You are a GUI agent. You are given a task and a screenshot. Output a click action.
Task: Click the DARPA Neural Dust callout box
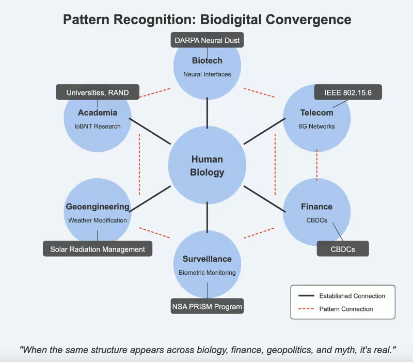207,40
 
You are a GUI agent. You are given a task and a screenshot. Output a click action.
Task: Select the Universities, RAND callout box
98,93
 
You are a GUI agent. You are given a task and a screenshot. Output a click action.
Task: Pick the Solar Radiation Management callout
98,249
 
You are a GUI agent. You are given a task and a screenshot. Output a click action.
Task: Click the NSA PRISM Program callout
207,307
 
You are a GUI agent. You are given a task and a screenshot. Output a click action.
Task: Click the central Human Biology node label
207,166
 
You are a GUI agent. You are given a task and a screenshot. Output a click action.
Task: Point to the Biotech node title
207,61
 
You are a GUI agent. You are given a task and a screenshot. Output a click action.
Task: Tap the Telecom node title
317,113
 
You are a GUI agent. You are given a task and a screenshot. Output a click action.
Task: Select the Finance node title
317,207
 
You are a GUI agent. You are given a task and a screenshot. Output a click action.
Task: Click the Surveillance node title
207,259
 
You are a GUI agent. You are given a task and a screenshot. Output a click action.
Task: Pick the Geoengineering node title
98,207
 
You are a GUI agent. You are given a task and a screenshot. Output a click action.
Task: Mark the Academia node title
98,113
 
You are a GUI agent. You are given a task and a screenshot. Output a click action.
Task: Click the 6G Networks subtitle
317,127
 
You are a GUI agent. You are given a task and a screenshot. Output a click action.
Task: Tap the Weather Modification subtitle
98,221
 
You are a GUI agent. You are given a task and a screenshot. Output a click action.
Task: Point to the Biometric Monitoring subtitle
207,273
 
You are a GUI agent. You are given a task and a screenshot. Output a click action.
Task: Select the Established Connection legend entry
352,296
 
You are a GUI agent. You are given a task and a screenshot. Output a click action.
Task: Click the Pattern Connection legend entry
346,309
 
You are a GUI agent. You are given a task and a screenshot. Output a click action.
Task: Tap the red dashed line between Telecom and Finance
317,165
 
